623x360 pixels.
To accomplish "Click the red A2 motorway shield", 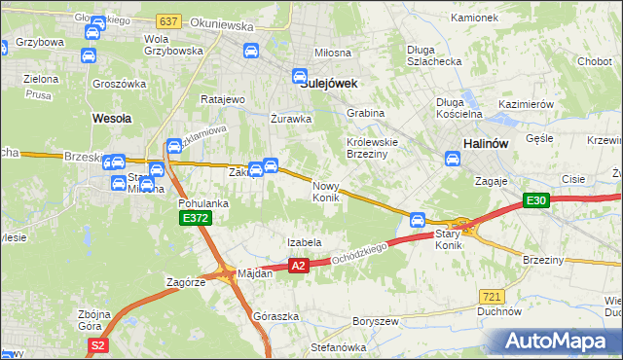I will (299, 265).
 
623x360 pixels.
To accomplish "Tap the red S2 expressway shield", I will (95, 344).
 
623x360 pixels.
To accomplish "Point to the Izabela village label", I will (304, 242).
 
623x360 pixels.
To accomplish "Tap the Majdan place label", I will (254, 273).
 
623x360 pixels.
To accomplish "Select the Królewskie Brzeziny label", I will (374, 147).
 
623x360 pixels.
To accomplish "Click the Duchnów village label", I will (495, 312).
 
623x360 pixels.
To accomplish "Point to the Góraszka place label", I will (274, 317).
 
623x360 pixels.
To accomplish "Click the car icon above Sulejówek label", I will (301, 75).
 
